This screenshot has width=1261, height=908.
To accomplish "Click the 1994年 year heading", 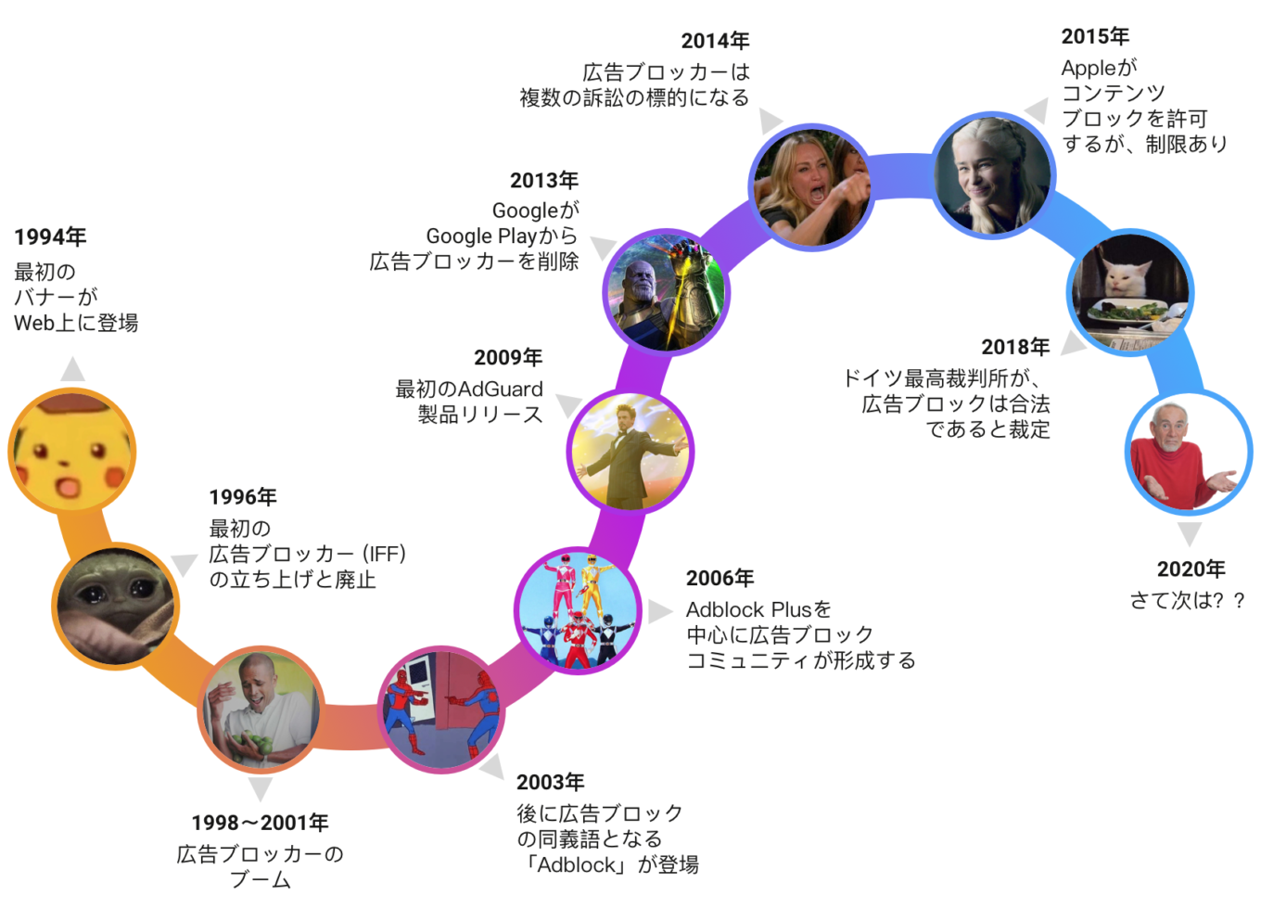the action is [x=50, y=237].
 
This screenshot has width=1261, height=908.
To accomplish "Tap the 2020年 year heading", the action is [x=1191, y=569].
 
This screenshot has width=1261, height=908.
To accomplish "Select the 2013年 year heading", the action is [x=543, y=180].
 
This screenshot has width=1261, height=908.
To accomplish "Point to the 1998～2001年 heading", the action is [x=260, y=823].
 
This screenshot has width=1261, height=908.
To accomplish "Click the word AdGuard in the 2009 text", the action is [x=501, y=390].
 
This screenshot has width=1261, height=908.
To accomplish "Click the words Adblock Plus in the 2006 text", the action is [x=748, y=609].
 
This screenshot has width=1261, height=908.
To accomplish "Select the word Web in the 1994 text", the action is [x=30, y=324].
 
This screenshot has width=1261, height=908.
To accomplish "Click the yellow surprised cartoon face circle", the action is [x=72, y=451].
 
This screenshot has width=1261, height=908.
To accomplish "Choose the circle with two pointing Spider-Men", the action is [x=440, y=710].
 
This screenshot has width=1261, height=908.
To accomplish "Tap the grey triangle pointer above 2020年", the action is [x=1190, y=533].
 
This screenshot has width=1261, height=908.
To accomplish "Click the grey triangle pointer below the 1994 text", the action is [x=72, y=369].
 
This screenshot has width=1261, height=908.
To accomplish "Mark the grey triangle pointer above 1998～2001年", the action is [x=260, y=788].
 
